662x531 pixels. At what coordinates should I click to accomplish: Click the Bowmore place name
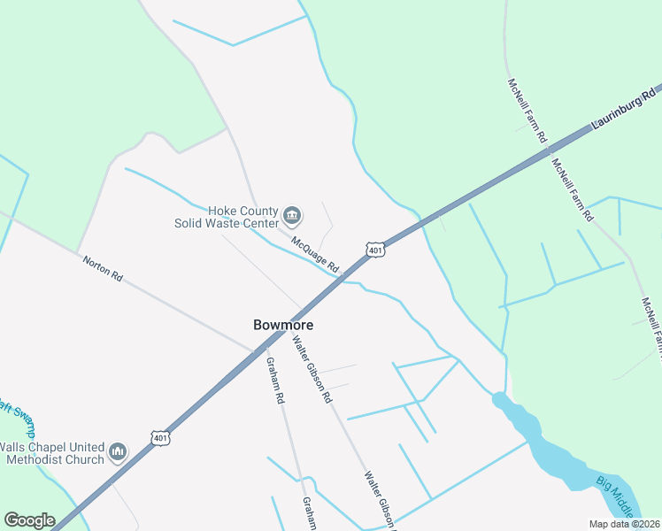coord(283,325)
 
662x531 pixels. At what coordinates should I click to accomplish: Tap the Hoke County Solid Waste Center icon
coord(292,215)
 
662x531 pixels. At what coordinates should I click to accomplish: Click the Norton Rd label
coord(103,269)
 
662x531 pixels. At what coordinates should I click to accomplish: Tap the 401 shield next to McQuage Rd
coord(376,250)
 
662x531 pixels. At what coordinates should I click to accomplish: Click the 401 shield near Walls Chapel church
coord(160,438)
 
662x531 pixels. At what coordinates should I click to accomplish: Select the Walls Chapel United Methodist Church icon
coord(118,453)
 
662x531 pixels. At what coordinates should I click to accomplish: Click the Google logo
coord(29,520)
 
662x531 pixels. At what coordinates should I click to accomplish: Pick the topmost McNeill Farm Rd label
coord(528,112)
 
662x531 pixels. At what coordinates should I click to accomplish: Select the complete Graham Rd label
coord(275,381)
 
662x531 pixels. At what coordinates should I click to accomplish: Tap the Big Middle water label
coord(617,496)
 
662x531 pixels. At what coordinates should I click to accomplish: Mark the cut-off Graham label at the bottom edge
coord(310,513)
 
